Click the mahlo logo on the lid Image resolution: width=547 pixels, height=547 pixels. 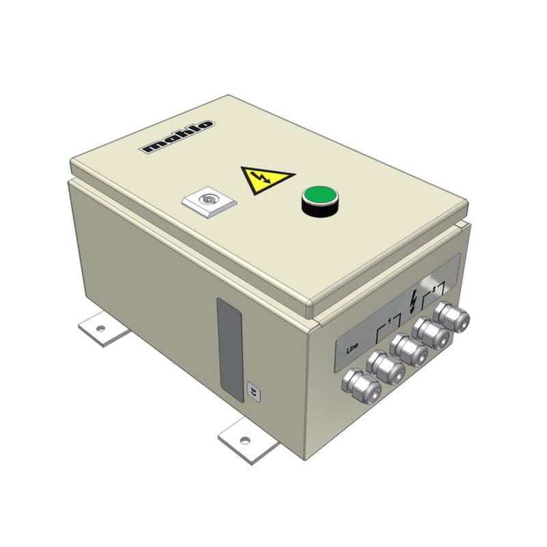coord(176,136)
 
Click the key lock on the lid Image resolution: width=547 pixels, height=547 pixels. coord(209,200)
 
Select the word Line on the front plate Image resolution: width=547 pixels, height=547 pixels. coord(353,347)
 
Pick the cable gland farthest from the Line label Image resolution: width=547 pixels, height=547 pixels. coord(451,317)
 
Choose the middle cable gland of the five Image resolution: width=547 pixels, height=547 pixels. coord(409,350)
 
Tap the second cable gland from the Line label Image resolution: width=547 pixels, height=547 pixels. coord(385,368)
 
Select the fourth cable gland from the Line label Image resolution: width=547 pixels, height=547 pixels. coord(431,333)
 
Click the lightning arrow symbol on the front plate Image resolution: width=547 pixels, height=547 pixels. coord(412,302)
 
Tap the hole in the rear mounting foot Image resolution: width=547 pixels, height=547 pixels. coord(101,328)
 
